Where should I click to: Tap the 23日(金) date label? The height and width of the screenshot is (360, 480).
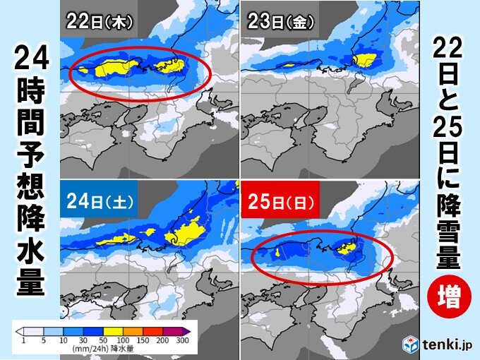[x=280, y=20]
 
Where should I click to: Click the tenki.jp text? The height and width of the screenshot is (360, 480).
[x=445, y=345]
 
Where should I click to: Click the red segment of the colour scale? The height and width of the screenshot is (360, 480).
[x=157, y=330]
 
